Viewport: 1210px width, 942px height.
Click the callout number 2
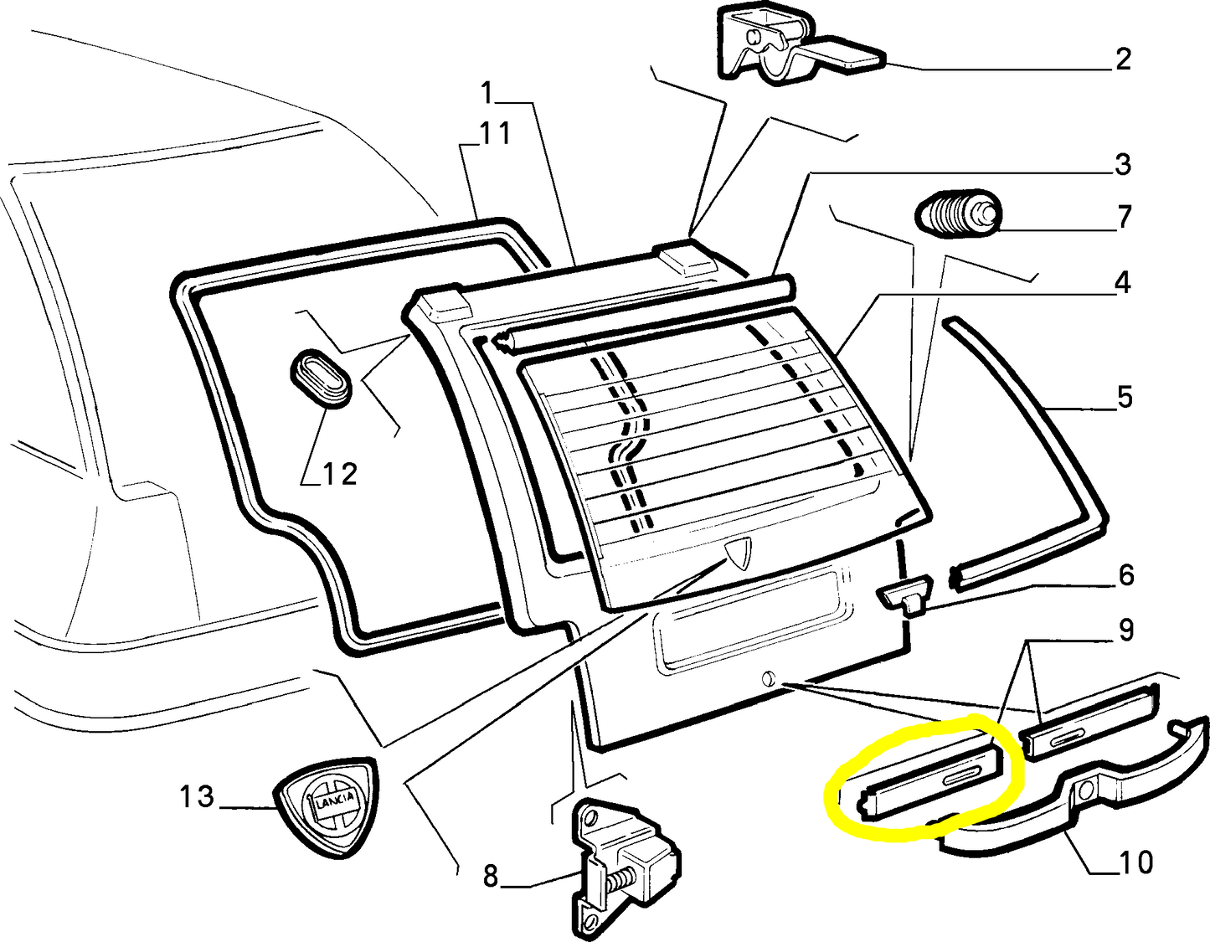[1123, 59]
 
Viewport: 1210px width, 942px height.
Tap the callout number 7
[1124, 217]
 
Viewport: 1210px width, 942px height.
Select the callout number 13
[197, 796]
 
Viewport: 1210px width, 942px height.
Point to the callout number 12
[340, 474]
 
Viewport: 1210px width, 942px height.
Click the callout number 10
[1135, 862]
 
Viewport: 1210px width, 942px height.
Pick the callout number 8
[491, 877]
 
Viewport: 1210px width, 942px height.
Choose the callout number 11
[494, 133]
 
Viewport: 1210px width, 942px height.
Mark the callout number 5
[1125, 397]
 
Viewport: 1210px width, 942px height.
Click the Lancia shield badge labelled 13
[327, 808]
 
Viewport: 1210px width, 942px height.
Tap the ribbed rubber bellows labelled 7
[955, 214]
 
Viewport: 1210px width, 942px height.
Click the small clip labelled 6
[904, 595]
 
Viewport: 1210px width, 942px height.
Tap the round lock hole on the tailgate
[768, 678]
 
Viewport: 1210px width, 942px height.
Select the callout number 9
[1126, 630]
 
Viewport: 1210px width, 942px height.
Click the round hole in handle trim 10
[1086, 790]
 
